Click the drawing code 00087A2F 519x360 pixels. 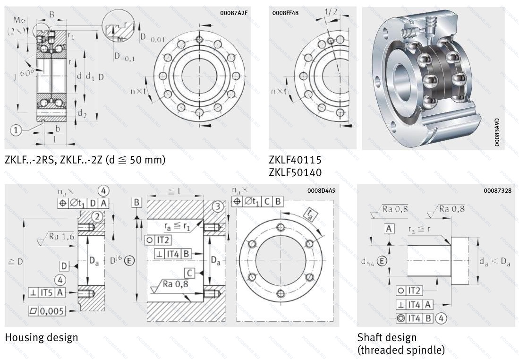pos(234,13)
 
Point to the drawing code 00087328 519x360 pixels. pos(498,191)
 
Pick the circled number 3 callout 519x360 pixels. pos(218,206)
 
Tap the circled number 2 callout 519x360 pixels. pos(96,217)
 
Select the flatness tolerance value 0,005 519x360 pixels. pos(52,311)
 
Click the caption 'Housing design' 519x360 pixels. pos(42,337)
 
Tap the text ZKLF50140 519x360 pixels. pos(295,172)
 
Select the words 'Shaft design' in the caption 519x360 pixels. pos(387,337)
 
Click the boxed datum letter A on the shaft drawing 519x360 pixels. pos(389,229)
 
